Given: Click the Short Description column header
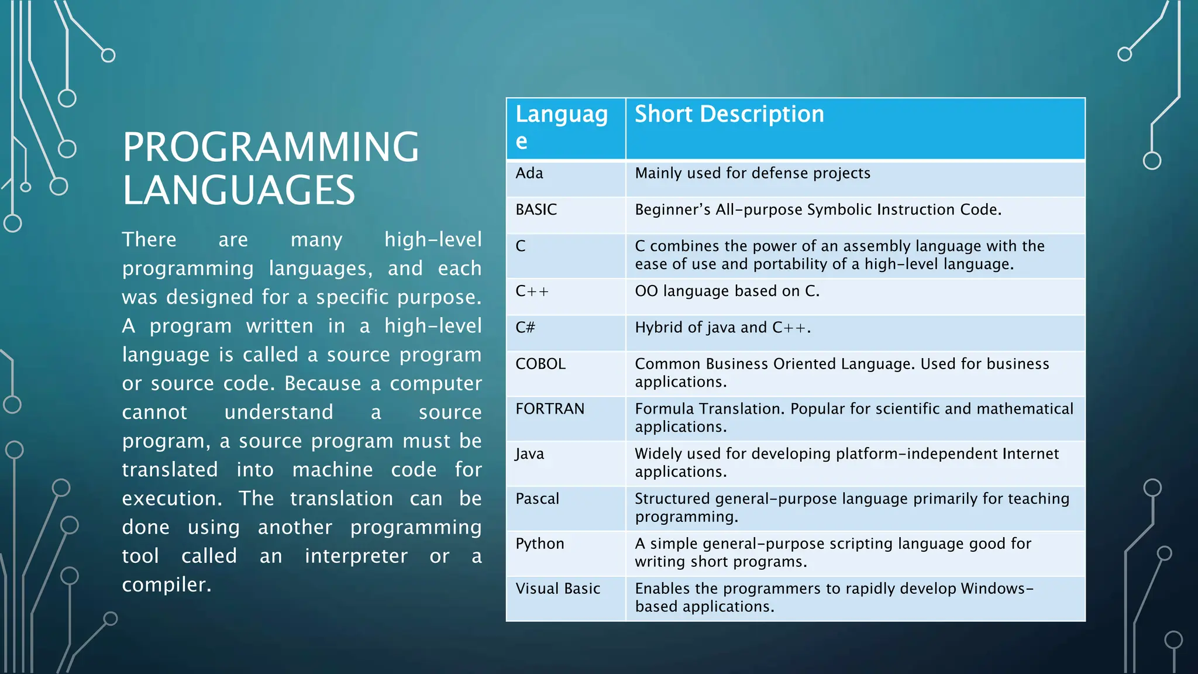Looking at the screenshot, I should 729,114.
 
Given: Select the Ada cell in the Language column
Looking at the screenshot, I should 529,173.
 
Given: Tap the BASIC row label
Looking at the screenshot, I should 536,209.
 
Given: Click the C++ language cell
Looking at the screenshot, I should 532,291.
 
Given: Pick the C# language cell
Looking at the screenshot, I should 525,328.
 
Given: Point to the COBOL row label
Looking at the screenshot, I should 540,364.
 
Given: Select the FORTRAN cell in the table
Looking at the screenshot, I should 549,409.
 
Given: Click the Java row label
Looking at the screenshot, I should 529,454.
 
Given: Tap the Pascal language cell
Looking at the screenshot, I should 537,499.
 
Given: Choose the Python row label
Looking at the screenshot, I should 539,544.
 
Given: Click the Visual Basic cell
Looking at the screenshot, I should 557,589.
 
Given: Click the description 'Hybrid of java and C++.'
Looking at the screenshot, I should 722,328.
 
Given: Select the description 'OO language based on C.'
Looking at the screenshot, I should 727,291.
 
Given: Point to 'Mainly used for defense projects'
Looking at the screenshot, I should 752,173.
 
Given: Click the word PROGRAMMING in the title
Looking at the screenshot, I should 271,147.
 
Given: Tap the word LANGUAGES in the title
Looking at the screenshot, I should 239,190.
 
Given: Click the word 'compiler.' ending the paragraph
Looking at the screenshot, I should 166,584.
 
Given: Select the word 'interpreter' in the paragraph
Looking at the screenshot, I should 356,556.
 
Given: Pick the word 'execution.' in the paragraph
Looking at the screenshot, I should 172,498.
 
